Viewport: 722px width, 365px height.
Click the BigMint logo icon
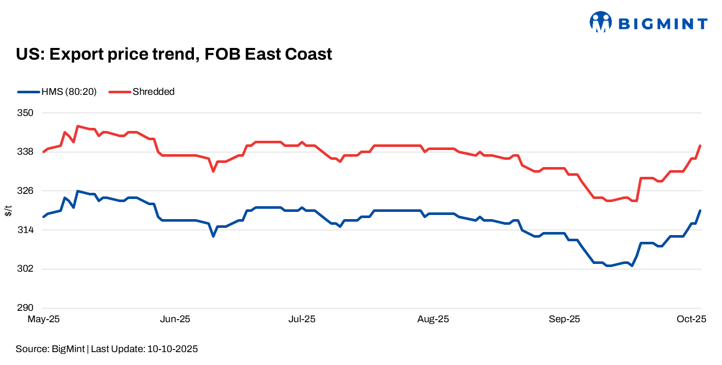click(x=600, y=22)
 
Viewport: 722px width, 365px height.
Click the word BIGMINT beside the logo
click(x=663, y=24)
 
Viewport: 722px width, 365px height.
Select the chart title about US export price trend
click(x=174, y=54)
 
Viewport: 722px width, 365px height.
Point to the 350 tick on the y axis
click(x=26, y=113)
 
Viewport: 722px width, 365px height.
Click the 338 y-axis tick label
click(x=26, y=152)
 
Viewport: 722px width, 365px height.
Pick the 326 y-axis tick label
click(x=26, y=191)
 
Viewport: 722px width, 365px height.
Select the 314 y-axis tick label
click(x=26, y=230)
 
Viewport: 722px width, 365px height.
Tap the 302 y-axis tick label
click(x=26, y=269)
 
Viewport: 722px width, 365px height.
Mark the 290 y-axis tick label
click(x=26, y=308)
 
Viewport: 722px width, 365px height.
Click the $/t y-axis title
click(x=8, y=210)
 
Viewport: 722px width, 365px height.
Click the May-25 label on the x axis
click(x=43, y=319)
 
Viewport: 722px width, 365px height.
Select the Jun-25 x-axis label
click(x=175, y=319)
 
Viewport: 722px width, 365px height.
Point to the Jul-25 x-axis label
click(x=302, y=319)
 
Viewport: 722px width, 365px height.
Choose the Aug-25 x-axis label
click(x=433, y=319)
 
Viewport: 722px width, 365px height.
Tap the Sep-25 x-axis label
click(x=564, y=319)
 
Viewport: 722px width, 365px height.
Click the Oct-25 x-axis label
click(x=692, y=319)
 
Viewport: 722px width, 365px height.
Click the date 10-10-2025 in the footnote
click(x=173, y=349)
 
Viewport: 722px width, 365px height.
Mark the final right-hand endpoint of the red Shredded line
click(x=700, y=145)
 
